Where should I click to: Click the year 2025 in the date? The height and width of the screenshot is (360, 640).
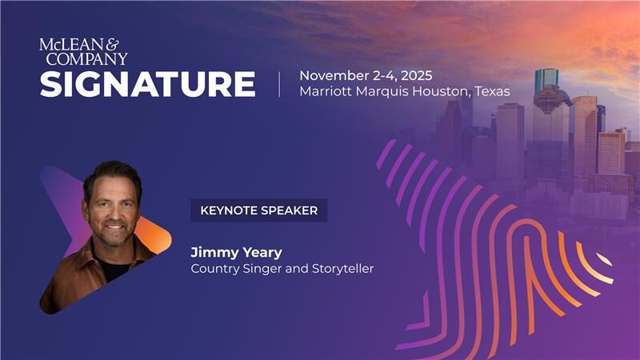pyautogui.click(x=414, y=75)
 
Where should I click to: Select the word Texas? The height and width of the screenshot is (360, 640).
pyautogui.click(x=492, y=91)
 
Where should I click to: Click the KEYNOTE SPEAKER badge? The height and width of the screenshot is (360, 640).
pyautogui.click(x=259, y=210)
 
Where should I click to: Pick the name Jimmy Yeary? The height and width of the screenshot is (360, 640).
pyautogui.click(x=236, y=253)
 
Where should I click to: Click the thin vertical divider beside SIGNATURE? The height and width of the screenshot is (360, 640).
pyautogui.click(x=279, y=84)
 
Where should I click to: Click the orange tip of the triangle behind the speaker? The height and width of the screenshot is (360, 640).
pyautogui.click(x=164, y=238)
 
